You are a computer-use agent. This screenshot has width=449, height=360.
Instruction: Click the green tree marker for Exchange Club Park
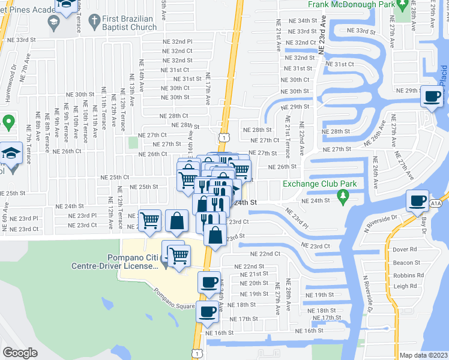pos(343,196)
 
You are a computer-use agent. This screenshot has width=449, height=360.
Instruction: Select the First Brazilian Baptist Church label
pos(128,23)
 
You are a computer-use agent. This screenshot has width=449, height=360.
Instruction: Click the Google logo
pos(20,353)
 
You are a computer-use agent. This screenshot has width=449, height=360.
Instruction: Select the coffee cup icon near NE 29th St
pos(432,98)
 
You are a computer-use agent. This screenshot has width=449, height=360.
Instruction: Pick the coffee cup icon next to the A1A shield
pos(417,201)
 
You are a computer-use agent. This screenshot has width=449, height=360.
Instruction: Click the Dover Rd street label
pos(405,249)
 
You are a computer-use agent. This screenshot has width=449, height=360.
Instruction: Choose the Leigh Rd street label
pos(405,286)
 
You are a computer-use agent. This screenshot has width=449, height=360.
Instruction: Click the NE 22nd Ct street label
pos(265,254)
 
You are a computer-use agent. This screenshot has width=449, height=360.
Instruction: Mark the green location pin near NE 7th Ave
pos(8,123)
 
